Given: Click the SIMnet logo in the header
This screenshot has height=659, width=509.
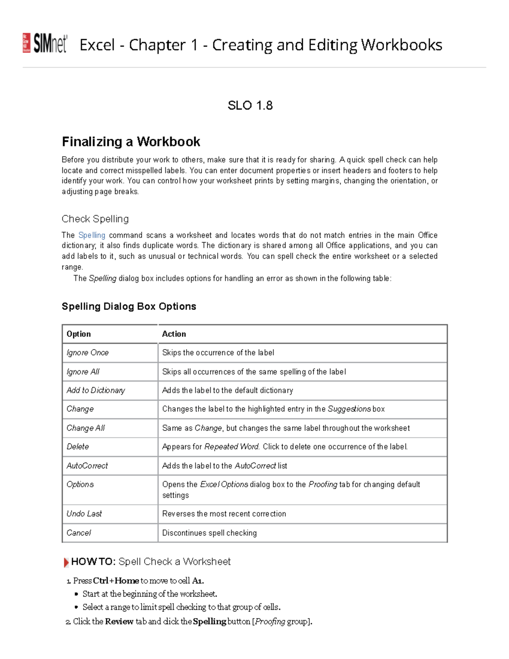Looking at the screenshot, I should (x=45, y=43).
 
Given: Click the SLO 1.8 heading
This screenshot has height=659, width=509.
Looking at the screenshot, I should (x=250, y=105).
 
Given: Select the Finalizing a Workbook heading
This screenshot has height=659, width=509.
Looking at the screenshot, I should (x=131, y=141).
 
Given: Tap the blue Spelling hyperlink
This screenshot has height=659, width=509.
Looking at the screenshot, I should (x=92, y=235).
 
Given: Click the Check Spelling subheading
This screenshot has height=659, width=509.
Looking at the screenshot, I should (x=95, y=219).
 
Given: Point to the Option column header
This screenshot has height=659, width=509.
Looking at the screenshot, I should (x=78, y=334).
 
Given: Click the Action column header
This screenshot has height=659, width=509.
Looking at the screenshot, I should (x=174, y=334).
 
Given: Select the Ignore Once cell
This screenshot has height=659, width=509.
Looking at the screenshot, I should (x=87, y=353).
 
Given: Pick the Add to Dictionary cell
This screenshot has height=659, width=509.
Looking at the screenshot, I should (x=95, y=390).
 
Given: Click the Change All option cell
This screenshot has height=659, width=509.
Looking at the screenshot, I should (x=85, y=428).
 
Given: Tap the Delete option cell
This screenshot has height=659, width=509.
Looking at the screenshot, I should (x=78, y=447).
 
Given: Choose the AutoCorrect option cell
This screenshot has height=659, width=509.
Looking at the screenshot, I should (x=87, y=466).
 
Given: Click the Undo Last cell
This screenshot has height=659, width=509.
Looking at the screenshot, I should (x=84, y=514).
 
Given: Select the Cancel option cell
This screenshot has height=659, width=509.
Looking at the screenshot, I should (x=78, y=533).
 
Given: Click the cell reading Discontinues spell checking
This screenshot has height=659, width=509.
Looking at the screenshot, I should (x=209, y=533).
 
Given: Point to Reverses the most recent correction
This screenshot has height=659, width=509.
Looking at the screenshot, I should (x=224, y=514).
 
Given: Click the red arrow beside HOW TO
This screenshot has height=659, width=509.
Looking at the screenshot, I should (x=66, y=563).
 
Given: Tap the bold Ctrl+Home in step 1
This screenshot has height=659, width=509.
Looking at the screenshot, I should (x=116, y=580).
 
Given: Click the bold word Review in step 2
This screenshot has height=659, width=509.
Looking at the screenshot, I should (x=119, y=622).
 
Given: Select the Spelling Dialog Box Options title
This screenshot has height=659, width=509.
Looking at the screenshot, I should (x=129, y=306).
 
